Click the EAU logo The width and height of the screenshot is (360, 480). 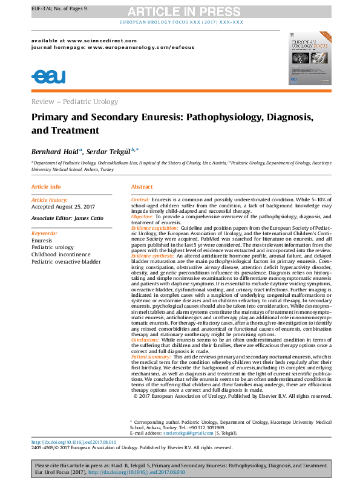tap(48, 76)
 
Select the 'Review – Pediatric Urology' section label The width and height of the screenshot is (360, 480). tap(74, 102)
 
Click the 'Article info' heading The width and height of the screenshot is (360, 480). tap(46, 187)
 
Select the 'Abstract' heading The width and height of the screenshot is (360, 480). tap(142, 187)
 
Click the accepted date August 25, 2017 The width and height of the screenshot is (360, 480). tap(61, 206)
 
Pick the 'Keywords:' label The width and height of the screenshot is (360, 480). tap(44, 233)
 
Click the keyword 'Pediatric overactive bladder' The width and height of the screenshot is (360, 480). tap(66, 262)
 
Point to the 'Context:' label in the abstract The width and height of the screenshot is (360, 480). tap(140, 199)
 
